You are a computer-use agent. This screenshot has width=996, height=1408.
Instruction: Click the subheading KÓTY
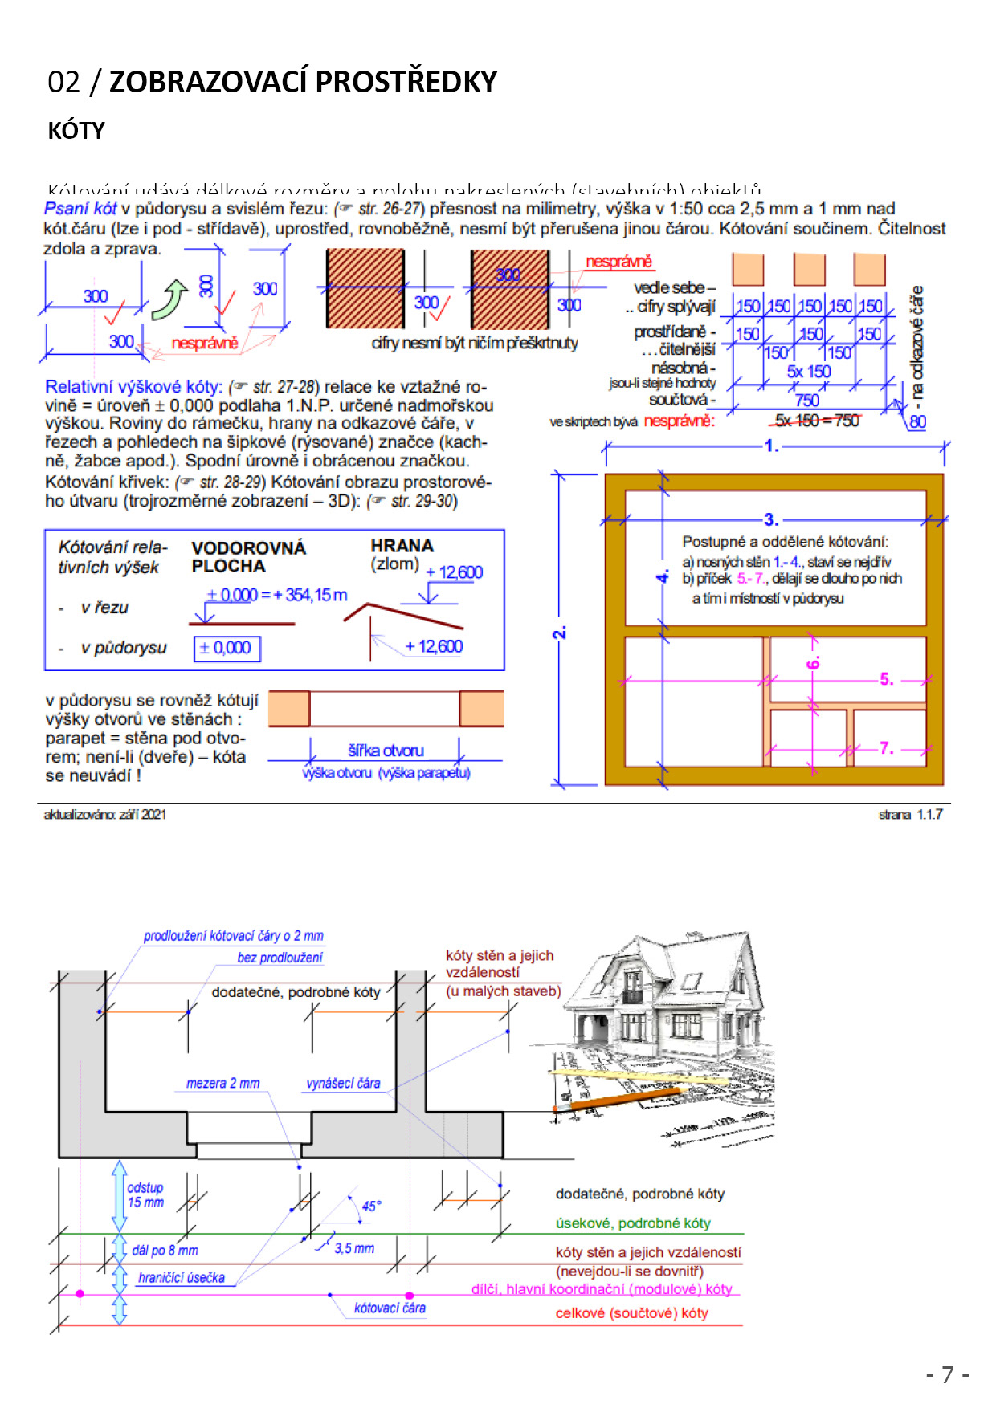[76, 131]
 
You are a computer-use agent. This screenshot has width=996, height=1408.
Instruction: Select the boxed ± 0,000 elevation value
[227, 648]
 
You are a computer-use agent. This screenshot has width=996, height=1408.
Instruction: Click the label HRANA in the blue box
[402, 546]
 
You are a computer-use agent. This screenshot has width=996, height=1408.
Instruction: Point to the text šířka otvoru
[386, 751]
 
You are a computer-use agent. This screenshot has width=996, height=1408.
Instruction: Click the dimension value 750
[806, 400]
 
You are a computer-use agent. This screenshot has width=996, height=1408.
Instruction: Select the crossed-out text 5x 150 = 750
[816, 421]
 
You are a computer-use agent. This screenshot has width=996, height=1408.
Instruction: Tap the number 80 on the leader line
[917, 421]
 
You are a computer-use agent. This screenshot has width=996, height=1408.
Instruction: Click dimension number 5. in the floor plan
[886, 679]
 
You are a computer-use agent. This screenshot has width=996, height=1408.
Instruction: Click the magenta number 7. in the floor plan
[886, 748]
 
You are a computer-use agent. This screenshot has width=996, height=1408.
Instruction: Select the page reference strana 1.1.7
[910, 814]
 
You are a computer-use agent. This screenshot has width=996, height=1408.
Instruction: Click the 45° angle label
[371, 1206]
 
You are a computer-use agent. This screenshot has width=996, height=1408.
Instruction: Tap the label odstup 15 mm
[145, 1195]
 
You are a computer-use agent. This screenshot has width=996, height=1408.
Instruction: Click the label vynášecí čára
[343, 1083]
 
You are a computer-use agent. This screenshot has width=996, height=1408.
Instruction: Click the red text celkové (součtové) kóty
[631, 1313]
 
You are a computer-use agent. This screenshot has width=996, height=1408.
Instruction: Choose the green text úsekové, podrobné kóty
[633, 1223]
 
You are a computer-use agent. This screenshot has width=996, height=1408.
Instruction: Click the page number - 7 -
[947, 1375]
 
